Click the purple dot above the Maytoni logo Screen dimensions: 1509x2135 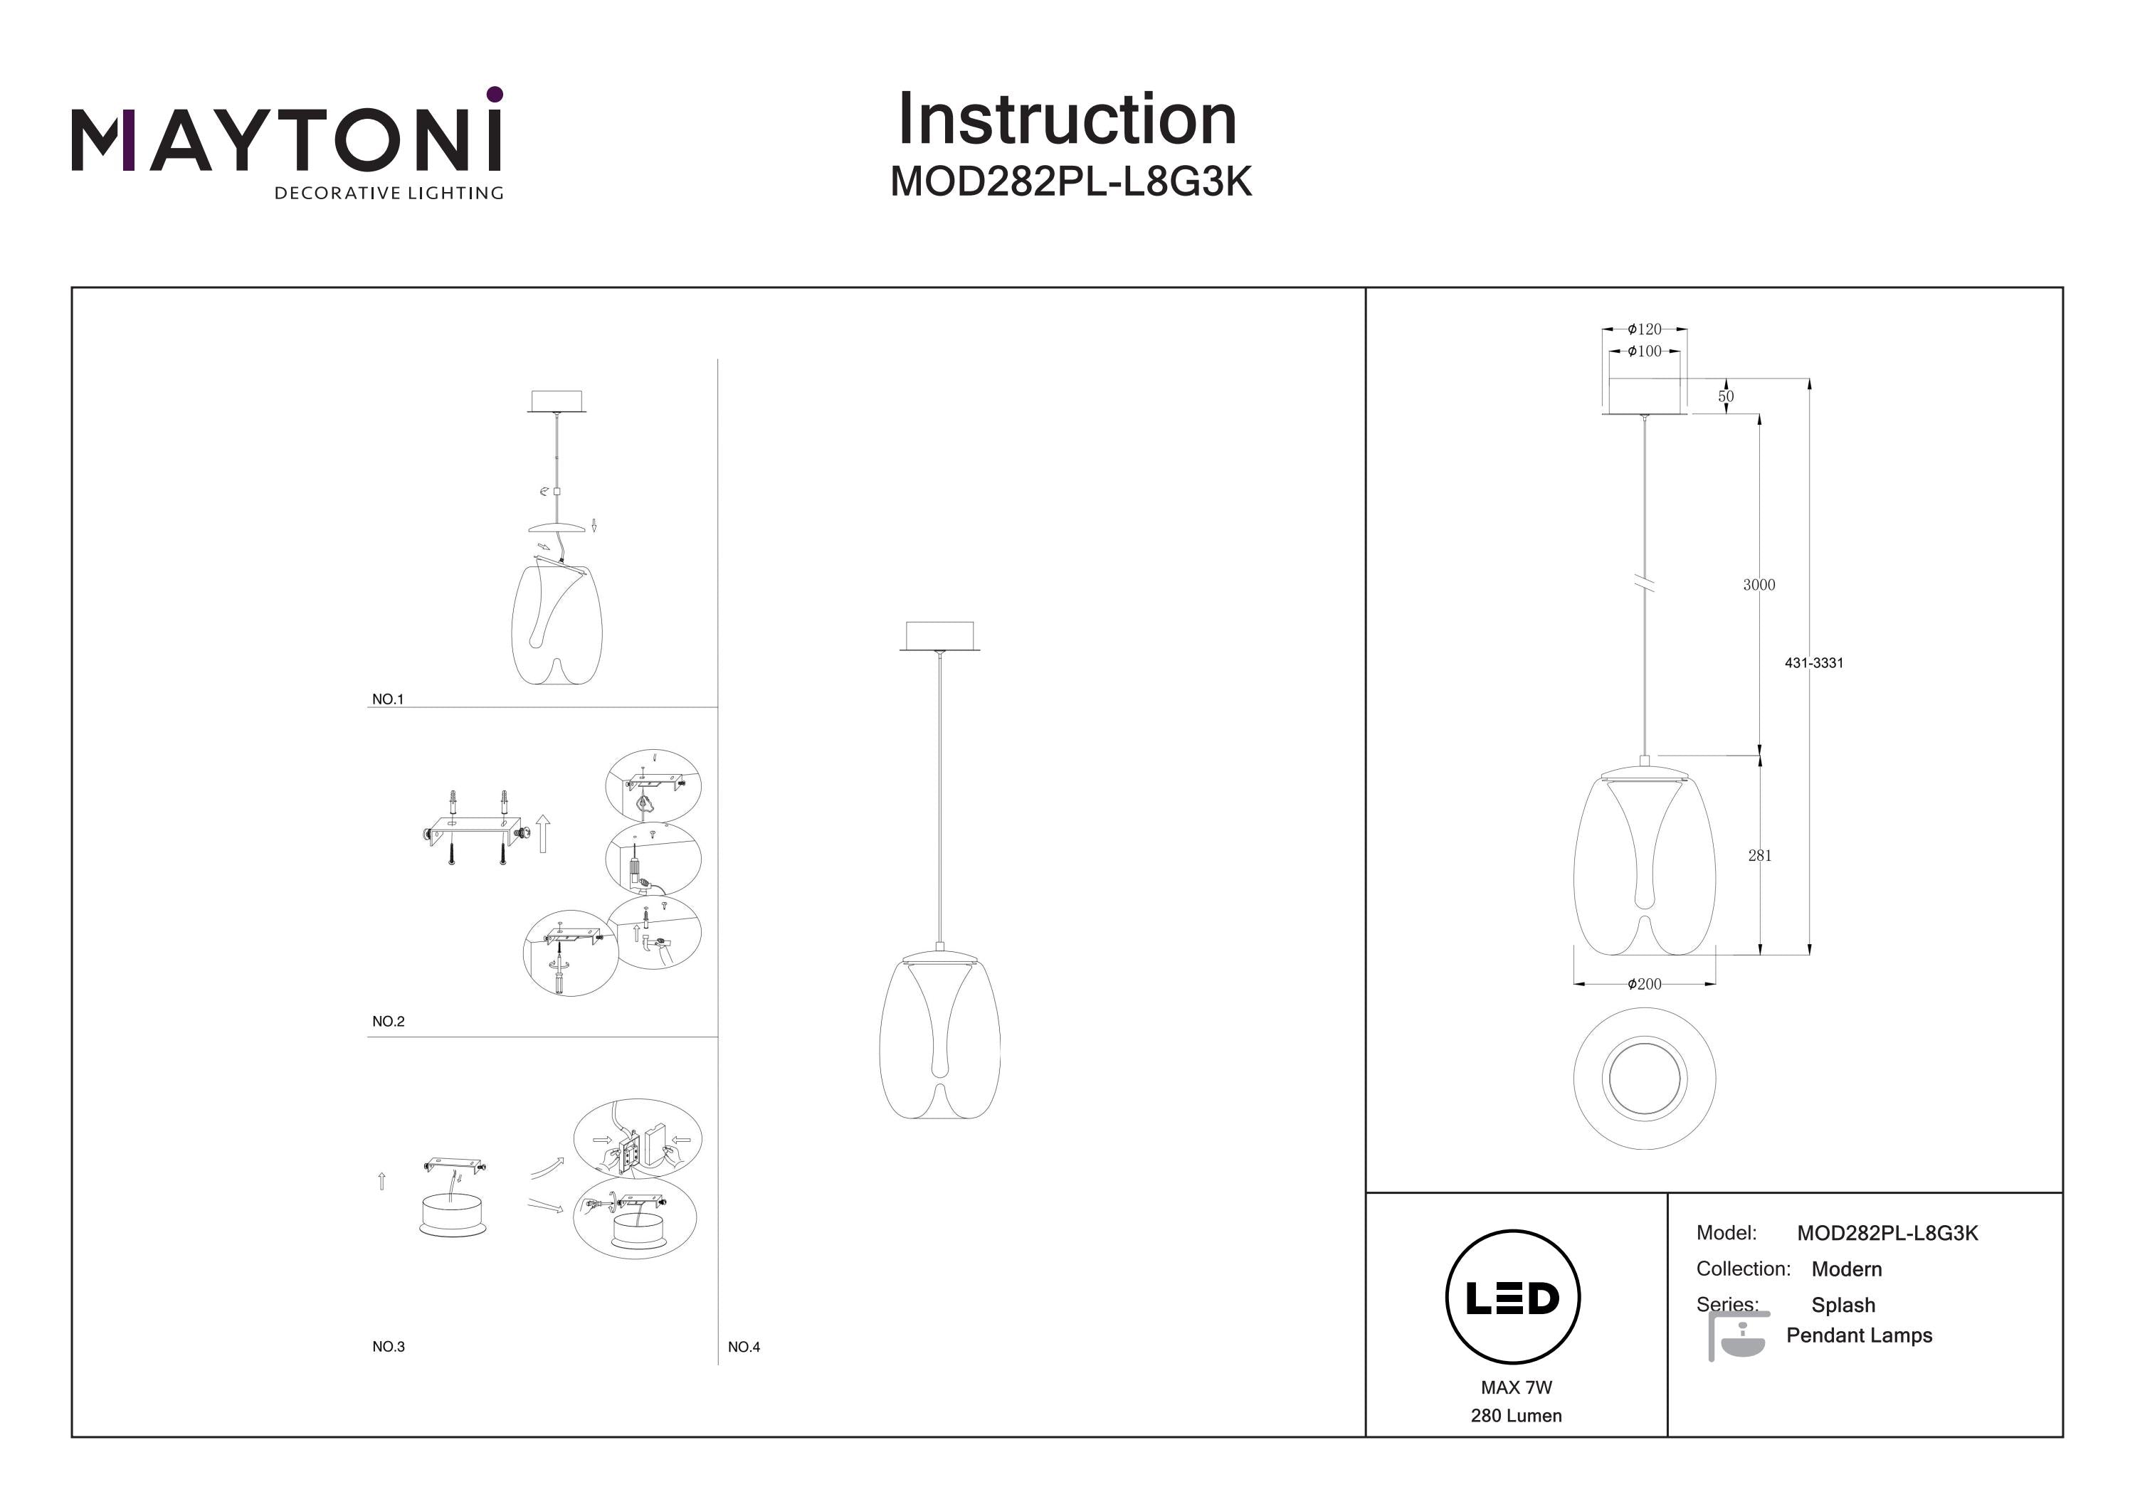point(495,94)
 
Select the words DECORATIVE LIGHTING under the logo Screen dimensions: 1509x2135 point(389,194)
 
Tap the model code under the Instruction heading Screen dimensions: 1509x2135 point(1071,182)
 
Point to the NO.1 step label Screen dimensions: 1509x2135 point(388,699)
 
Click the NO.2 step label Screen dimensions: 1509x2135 point(388,1021)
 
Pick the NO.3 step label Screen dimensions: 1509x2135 point(388,1346)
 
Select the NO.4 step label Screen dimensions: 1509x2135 point(743,1346)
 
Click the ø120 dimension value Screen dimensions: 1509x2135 point(1644,329)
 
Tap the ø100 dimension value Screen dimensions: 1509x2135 point(1644,351)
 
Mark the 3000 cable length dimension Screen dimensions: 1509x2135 point(1759,585)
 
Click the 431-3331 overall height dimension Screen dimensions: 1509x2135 point(1813,663)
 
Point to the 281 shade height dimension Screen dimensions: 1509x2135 point(1759,855)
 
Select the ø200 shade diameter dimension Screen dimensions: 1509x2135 point(1644,984)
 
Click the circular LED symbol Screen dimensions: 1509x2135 point(1512,1297)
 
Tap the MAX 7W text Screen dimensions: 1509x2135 point(1516,1387)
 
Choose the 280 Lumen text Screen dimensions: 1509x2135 point(1516,1416)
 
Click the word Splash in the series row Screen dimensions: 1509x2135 point(1843,1306)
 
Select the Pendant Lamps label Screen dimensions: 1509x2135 point(1859,1335)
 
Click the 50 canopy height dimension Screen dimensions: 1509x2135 point(1726,396)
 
